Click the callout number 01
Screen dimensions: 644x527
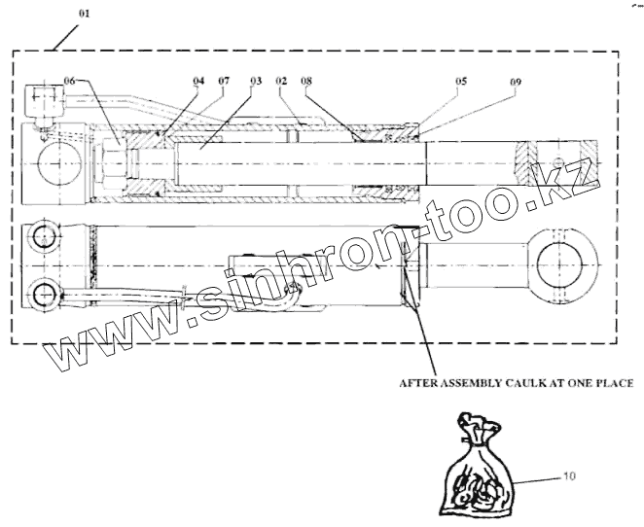click(x=85, y=16)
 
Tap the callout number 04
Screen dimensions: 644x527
click(x=198, y=82)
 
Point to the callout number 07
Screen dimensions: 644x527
click(x=224, y=82)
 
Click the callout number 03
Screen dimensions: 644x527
click(x=255, y=82)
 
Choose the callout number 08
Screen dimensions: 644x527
click(x=306, y=82)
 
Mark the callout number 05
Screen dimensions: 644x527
click(x=462, y=82)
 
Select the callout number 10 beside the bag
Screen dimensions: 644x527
click(x=570, y=475)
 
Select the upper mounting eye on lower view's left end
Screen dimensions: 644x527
click(x=45, y=237)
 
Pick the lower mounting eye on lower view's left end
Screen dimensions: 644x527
click(x=45, y=293)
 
